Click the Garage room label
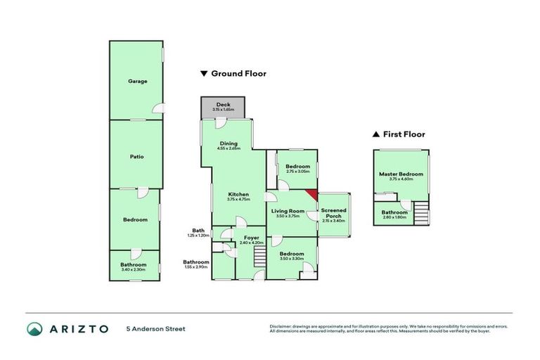[137, 82]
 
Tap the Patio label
[137, 156]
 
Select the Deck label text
[223, 104]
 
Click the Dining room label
[229, 143]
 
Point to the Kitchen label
[238, 194]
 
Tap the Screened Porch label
[333, 213]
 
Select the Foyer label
[251, 238]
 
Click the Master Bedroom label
[401, 174]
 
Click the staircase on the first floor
[420, 212]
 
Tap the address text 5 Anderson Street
[155, 328]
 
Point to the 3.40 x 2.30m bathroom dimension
[133, 269]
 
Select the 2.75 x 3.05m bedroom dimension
[293, 171]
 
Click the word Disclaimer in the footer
[282, 326]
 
